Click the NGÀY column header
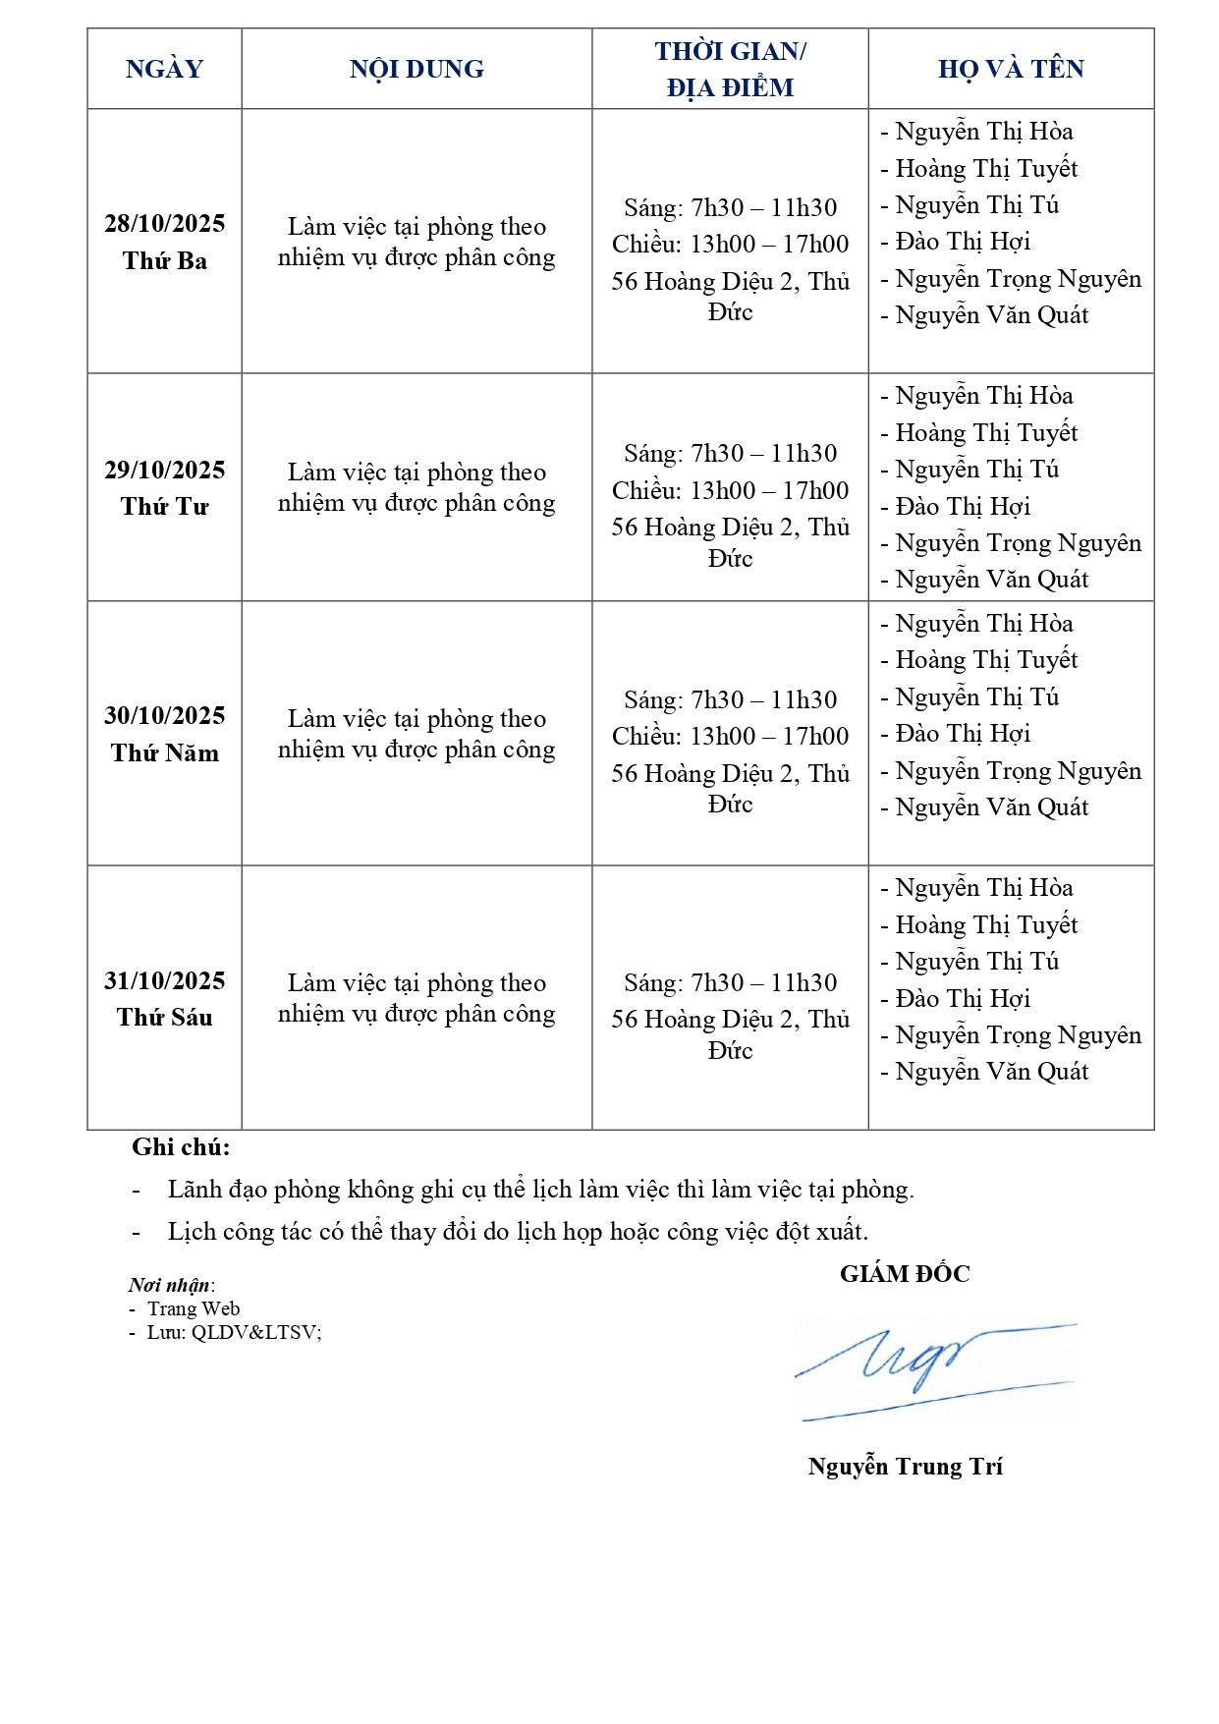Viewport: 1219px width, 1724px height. click(164, 69)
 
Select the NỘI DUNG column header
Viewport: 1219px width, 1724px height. click(416, 69)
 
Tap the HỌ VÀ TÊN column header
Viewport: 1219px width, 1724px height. click(1011, 69)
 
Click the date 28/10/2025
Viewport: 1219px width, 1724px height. click(164, 224)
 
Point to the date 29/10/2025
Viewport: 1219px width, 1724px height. click(164, 470)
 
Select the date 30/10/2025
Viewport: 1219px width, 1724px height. click(164, 715)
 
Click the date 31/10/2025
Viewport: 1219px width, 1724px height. click(164, 980)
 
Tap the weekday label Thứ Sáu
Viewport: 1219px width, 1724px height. click(164, 1017)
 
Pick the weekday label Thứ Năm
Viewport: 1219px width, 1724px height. click(164, 752)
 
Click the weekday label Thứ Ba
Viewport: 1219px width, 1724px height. click(164, 260)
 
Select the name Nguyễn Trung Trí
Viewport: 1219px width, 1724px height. click(905, 1467)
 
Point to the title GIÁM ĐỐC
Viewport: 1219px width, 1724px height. click(905, 1274)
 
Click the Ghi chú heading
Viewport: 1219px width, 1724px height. click(181, 1147)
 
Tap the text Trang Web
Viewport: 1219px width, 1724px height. click(194, 1308)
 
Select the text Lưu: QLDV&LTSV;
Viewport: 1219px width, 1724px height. click(234, 1332)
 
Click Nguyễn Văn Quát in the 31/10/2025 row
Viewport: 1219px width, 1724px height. click(991, 1072)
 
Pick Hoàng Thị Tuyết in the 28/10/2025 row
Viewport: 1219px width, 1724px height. click(986, 169)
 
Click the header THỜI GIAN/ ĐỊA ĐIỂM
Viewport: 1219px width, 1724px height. click(730, 69)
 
